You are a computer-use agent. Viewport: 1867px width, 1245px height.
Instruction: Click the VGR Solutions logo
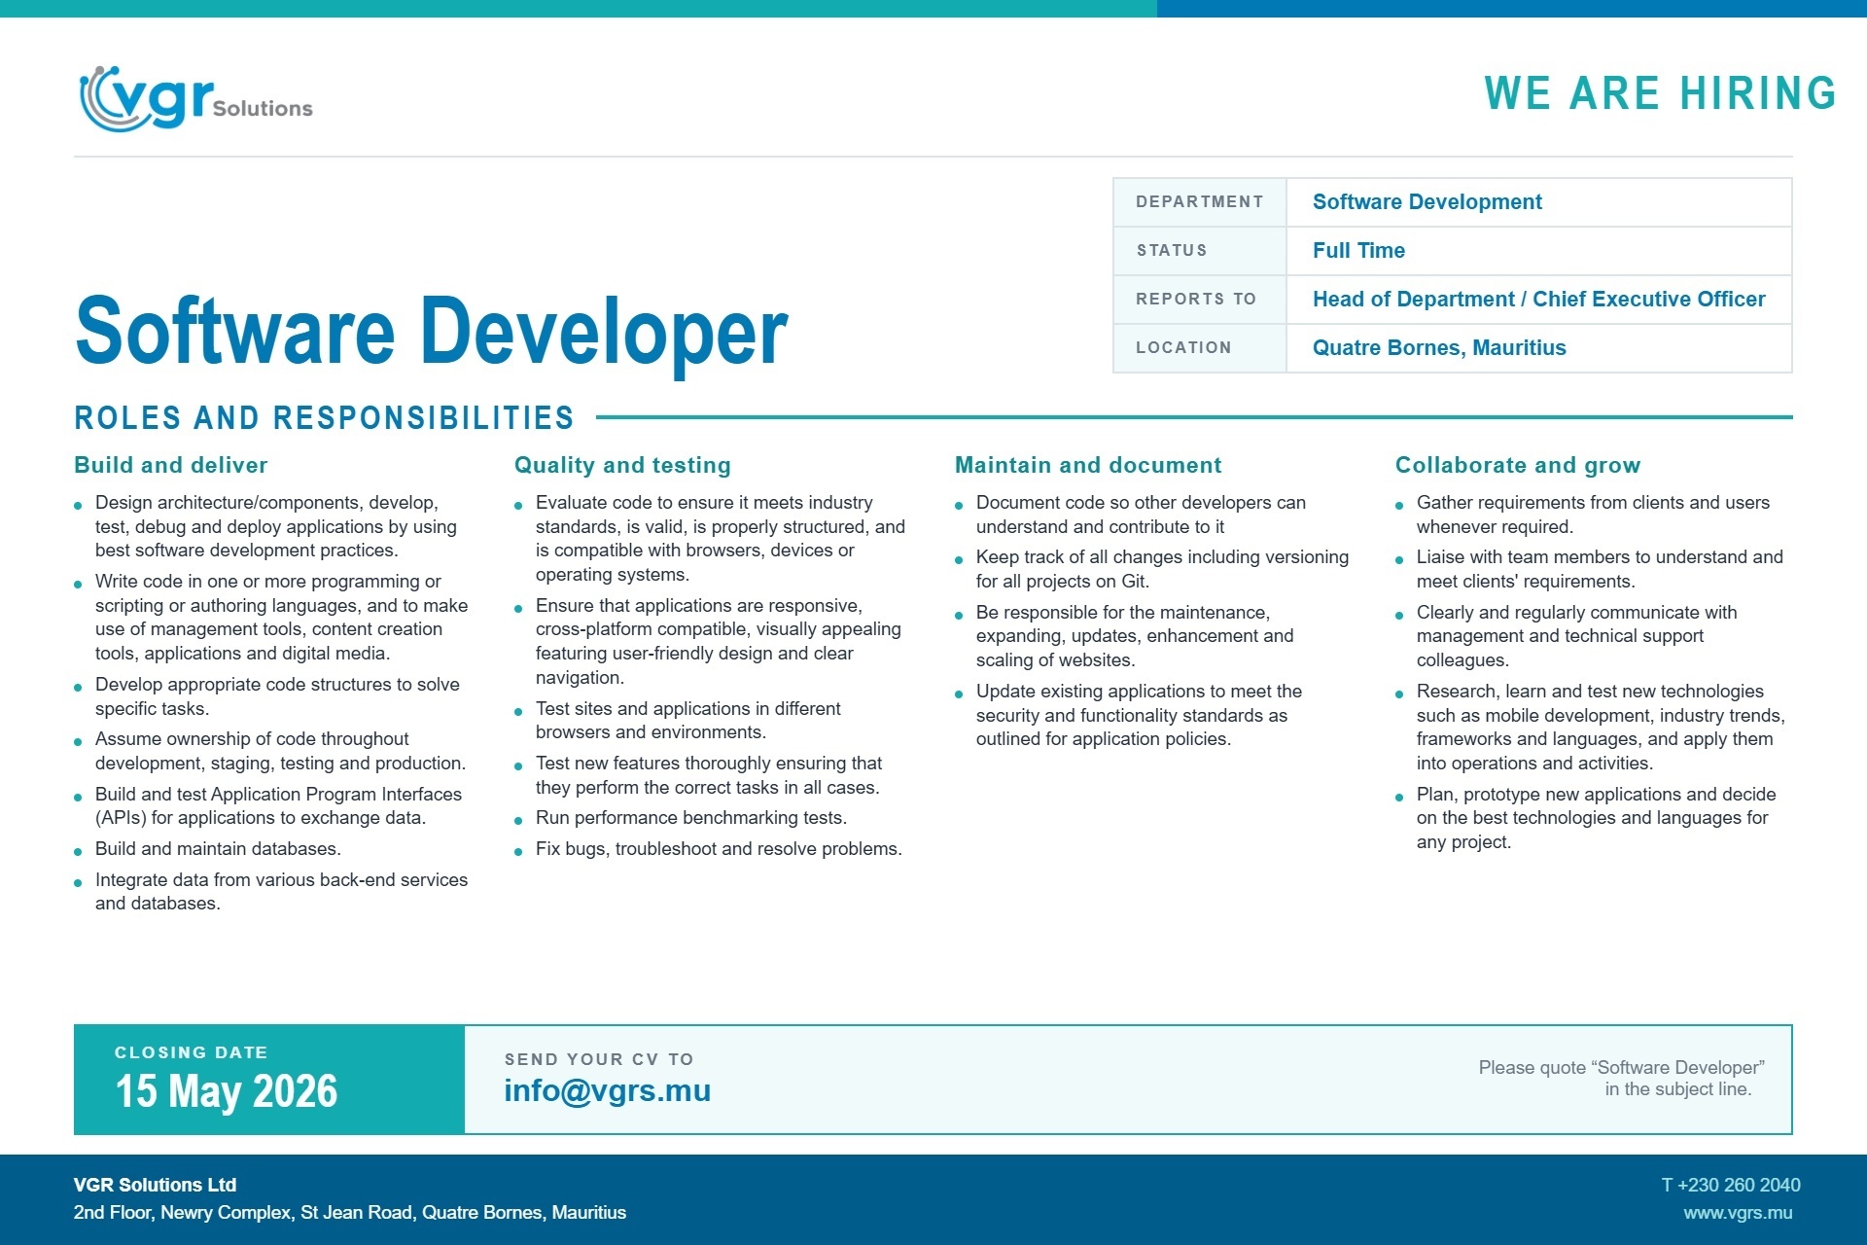pos(195,98)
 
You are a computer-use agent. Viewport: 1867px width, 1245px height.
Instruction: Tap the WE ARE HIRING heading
pos(1660,93)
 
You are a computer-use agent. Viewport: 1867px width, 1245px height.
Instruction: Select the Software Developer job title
pos(431,332)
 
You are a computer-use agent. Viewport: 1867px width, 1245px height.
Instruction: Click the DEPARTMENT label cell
pos(1199,202)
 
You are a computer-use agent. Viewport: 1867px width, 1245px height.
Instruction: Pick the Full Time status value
pos(1358,251)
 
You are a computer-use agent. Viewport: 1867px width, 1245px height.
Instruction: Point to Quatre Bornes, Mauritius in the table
pos(1439,348)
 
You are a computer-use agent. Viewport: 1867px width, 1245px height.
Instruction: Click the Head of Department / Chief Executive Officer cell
pos(1538,300)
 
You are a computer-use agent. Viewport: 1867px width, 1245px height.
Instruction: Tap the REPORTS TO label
pos(1196,300)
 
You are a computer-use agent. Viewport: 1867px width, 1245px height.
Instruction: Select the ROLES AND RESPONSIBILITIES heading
pos(324,418)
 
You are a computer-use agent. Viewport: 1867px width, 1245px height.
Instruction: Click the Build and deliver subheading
pos(171,465)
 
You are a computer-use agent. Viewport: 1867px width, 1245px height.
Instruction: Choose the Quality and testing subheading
pos(622,465)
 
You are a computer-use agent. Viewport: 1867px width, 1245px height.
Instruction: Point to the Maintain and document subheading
pos(1088,465)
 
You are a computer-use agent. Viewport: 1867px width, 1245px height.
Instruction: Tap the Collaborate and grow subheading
pos(1518,465)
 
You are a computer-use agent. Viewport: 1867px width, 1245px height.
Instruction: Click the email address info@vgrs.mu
pos(608,1091)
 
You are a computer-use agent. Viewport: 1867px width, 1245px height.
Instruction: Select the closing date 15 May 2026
pos(227,1091)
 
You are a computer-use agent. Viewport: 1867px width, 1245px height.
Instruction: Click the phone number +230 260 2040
pos(1731,1185)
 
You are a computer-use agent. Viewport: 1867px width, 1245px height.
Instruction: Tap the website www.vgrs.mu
pos(1739,1213)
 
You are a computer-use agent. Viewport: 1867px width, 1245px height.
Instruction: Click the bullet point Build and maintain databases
pos(218,849)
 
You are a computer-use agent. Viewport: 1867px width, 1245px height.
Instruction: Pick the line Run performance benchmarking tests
pos(691,818)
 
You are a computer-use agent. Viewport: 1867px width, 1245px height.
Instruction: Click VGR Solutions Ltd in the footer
pos(156,1185)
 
